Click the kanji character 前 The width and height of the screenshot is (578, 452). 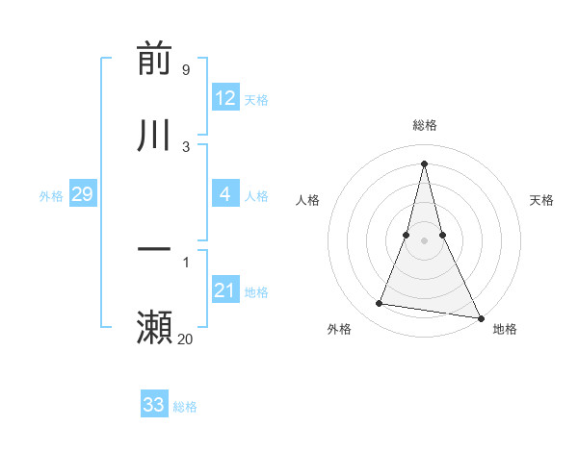pos(154,60)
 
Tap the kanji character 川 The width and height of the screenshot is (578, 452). pos(154,135)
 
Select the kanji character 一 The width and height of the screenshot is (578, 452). pos(154,250)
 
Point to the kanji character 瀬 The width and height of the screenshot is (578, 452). pos(154,327)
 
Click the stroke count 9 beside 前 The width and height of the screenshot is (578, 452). pos(185,69)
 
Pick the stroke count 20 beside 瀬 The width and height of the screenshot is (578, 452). pos(185,339)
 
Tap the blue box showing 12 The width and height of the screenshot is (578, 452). pos(225,98)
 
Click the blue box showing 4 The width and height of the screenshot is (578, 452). pos(225,194)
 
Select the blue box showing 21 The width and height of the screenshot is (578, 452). pos(225,290)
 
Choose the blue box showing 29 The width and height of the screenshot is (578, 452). pos(82,194)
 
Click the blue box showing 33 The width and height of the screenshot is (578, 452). pos(154,405)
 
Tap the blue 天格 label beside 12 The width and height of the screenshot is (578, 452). pos(256,100)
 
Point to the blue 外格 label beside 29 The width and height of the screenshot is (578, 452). pos(51,196)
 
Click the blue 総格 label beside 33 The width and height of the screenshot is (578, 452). pos(185,407)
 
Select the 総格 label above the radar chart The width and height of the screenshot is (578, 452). pos(425,125)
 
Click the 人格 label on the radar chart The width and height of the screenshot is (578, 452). pos(307,200)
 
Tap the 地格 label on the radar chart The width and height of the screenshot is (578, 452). pos(505,330)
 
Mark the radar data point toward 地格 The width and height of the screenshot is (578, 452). pos(480,316)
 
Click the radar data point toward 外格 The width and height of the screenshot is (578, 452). pos(380,304)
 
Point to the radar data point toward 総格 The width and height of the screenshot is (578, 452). pos(425,163)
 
